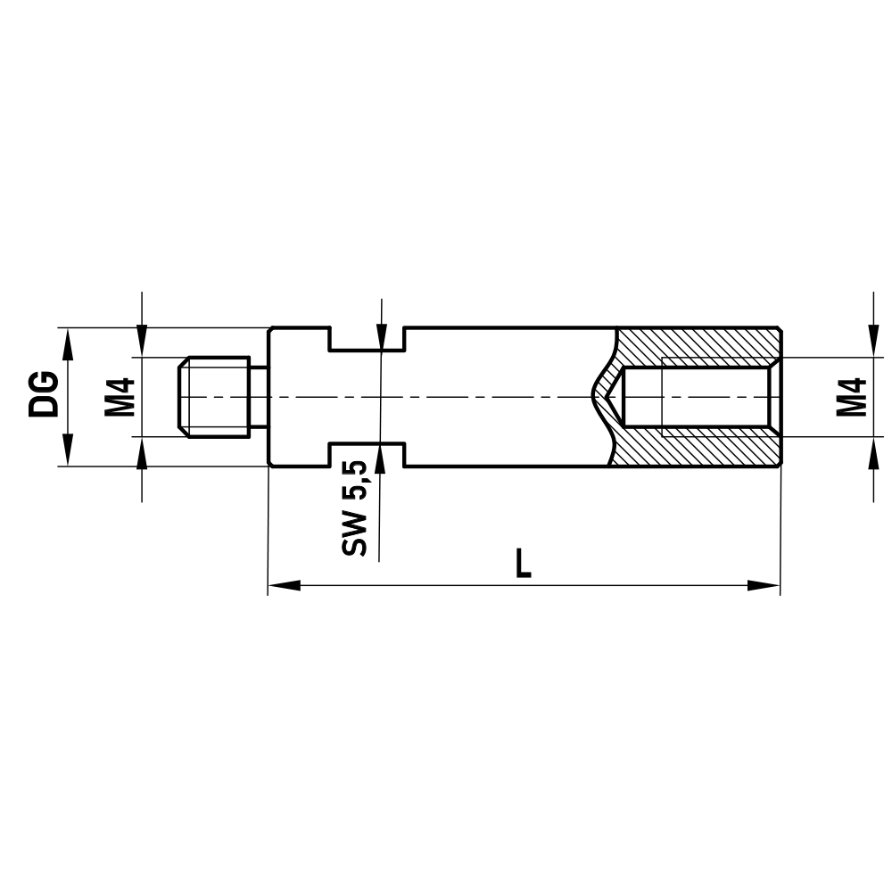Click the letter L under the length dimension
click(524, 563)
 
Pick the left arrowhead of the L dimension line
click(284, 586)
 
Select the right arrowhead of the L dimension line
click(764, 586)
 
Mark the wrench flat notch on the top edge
click(368, 339)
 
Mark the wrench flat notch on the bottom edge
click(368, 453)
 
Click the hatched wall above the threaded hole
click(705, 343)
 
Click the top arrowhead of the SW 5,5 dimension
click(380, 337)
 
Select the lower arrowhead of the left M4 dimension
click(142, 451)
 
